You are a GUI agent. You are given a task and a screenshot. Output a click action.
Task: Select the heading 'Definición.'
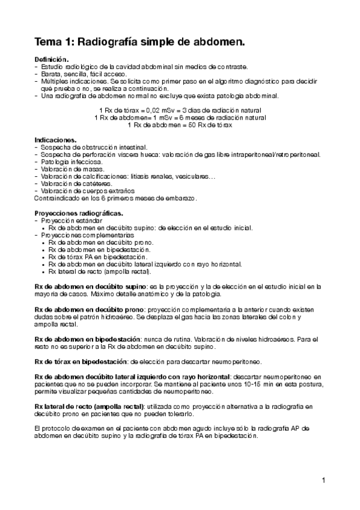tap(52, 60)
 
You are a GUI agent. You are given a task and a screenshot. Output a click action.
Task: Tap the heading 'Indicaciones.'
tap(55, 140)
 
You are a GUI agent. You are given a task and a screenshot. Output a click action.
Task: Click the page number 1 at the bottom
tap(323, 480)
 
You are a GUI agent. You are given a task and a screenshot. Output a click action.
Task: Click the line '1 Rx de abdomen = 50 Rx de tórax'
tap(180, 124)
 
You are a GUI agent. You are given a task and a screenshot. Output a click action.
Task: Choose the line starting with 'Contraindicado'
tap(120, 198)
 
